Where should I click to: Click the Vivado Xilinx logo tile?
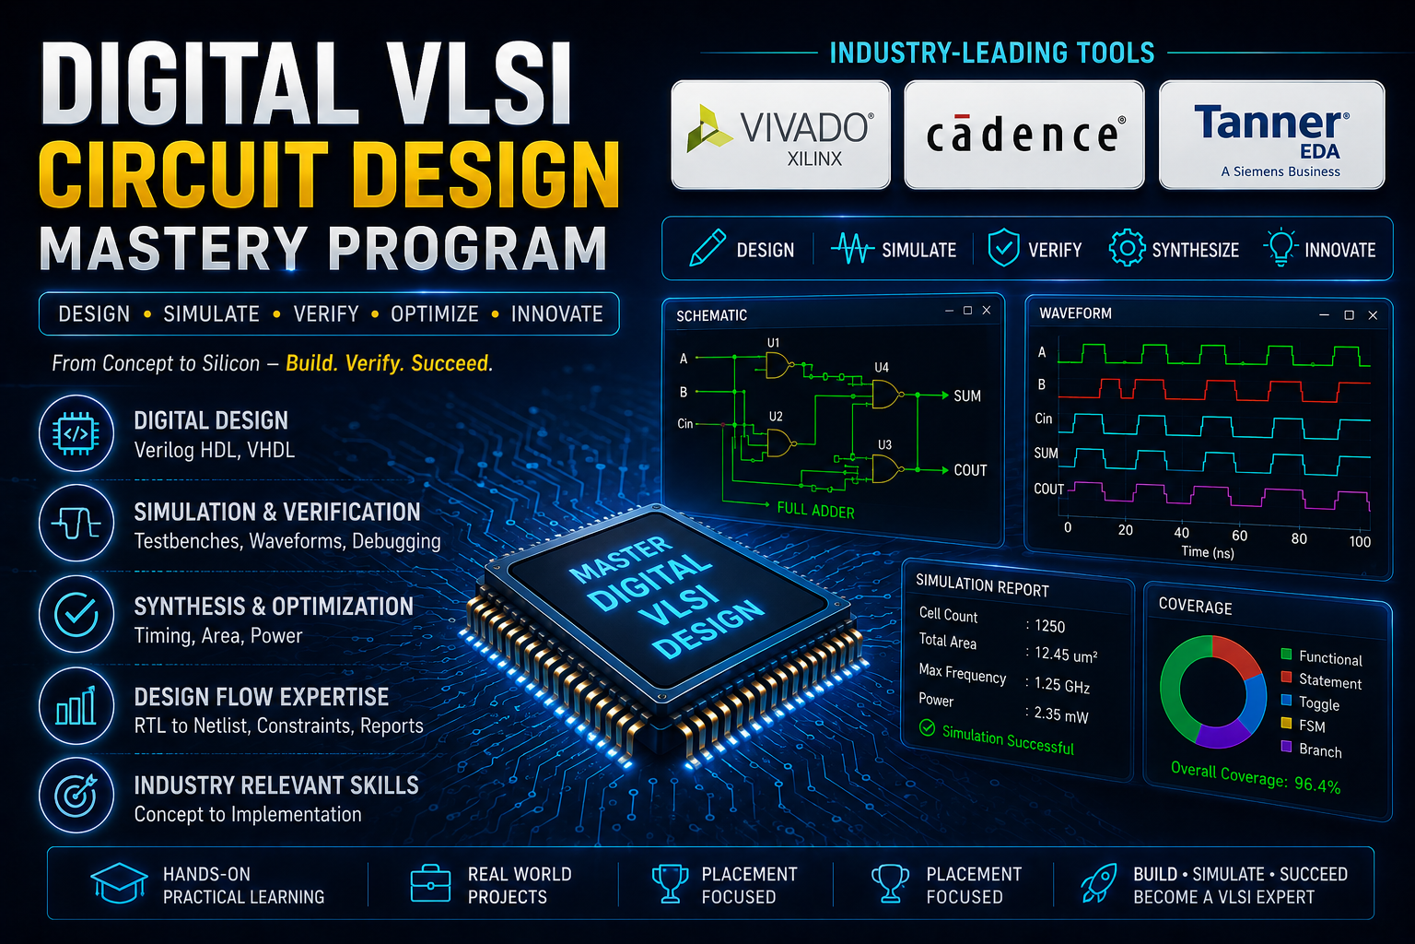coord(781,135)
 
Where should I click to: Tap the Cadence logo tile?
coord(1024,135)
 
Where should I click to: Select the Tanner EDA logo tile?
coord(1271,135)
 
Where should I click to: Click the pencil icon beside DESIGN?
coord(707,248)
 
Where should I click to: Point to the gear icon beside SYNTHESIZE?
coord(1127,248)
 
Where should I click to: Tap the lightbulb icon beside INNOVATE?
coord(1281,247)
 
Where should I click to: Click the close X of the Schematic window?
coord(987,311)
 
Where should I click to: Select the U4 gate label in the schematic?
coord(882,367)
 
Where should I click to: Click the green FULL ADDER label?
coord(815,511)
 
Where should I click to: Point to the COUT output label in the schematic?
coord(970,470)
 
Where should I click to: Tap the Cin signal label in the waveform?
coord(1044,419)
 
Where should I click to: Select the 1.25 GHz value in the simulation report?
coord(1062,685)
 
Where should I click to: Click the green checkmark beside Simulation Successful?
coord(927,728)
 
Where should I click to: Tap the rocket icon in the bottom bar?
coord(1098,882)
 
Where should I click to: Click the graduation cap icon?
coord(120,882)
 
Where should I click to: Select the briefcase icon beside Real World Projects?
coord(430,882)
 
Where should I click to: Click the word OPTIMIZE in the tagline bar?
coord(435,314)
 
